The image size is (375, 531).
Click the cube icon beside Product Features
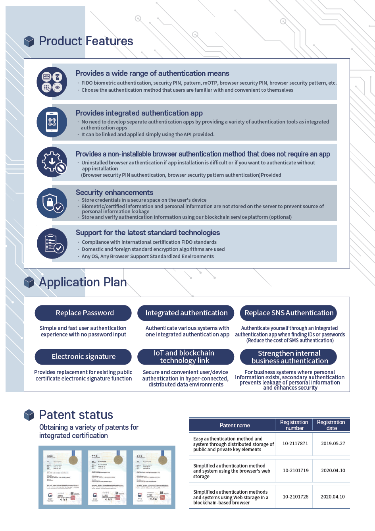click(x=29, y=41)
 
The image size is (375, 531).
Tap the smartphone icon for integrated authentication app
click(x=52, y=122)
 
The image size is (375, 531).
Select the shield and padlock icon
click(x=52, y=203)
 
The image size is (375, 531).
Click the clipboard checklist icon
click(x=52, y=243)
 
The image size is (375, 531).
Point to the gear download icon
click(x=52, y=162)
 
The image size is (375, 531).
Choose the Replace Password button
click(x=83, y=313)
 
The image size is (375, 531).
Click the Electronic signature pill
click(x=83, y=357)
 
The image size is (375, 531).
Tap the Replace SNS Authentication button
click(x=288, y=313)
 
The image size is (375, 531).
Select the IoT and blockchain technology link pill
click(x=186, y=357)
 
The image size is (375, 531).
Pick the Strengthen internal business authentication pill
click(x=288, y=357)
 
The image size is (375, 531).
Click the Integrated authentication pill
click(x=186, y=313)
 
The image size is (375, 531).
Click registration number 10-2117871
click(x=295, y=444)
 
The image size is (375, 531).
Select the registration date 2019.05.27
click(x=333, y=444)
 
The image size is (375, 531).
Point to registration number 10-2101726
click(x=295, y=497)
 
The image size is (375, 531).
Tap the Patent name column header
click(x=235, y=425)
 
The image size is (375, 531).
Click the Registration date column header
click(x=331, y=425)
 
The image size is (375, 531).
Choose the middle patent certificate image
click(x=107, y=477)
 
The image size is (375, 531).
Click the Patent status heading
click(x=76, y=415)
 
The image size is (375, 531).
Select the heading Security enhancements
click(x=114, y=193)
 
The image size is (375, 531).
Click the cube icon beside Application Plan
click(x=29, y=282)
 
